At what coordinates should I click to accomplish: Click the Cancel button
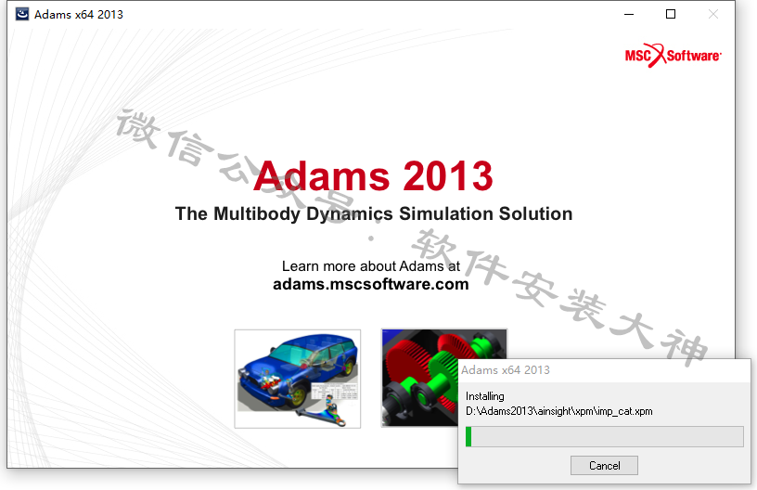point(604,465)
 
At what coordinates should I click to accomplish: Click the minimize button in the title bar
point(629,15)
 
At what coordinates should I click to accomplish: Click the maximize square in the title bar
point(671,14)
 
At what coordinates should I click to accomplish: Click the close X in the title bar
point(713,14)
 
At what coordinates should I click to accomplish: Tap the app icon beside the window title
point(21,14)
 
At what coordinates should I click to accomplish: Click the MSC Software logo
point(673,56)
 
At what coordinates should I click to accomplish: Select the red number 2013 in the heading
point(447,175)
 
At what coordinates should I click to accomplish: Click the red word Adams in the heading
point(322,175)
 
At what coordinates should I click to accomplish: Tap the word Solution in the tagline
point(535,213)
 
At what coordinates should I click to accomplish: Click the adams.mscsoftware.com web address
point(371,284)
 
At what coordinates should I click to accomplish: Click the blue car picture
point(298,379)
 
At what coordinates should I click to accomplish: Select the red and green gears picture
point(419,378)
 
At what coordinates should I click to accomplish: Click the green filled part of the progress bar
point(468,436)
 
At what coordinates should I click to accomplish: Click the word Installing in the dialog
point(484,396)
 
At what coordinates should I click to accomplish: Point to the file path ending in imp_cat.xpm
point(559,411)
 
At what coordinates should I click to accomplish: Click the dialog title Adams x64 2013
point(506,369)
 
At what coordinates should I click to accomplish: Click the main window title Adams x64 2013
point(79,15)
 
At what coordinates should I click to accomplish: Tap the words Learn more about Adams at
point(371,266)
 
